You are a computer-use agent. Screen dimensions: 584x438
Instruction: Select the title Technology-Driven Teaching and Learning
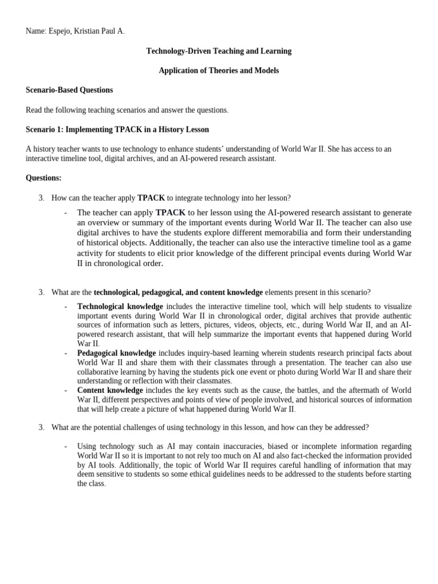[x=218, y=51]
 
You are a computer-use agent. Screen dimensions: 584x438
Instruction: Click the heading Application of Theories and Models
[x=218, y=71]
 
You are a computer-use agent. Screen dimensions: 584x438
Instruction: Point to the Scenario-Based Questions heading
[x=69, y=90]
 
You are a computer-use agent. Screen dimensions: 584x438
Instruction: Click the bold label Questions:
[x=43, y=178]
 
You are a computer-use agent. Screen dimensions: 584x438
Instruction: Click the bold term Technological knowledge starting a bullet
[x=120, y=307]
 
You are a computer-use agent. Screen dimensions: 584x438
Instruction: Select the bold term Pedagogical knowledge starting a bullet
[x=116, y=354]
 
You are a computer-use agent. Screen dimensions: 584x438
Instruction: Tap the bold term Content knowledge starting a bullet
[x=110, y=391]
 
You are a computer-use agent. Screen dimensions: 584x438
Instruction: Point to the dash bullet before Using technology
[x=66, y=447]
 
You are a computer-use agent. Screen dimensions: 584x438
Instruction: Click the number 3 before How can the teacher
[x=41, y=198]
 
